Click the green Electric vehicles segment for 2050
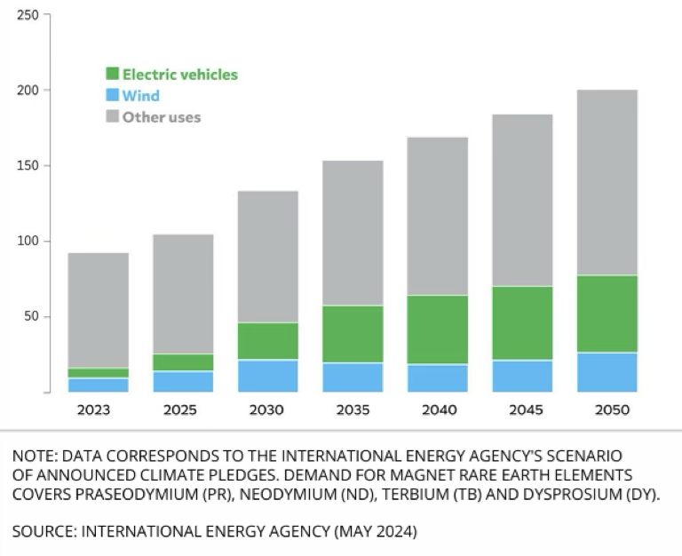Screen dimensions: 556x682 coord(607,314)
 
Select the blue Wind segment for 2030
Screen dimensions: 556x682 coord(267,375)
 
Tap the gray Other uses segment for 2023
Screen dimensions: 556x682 coord(98,310)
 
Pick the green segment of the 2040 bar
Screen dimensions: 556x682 coord(437,330)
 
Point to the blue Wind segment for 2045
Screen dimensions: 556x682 coord(522,375)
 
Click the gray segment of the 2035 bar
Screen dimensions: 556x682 coord(353,233)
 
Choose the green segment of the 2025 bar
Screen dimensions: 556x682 coord(182,361)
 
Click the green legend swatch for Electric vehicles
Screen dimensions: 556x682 coord(112,75)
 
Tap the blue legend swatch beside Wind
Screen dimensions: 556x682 coord(112,96)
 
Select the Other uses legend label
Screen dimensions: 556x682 coord(162,117)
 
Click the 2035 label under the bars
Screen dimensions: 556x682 coord(353,410)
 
